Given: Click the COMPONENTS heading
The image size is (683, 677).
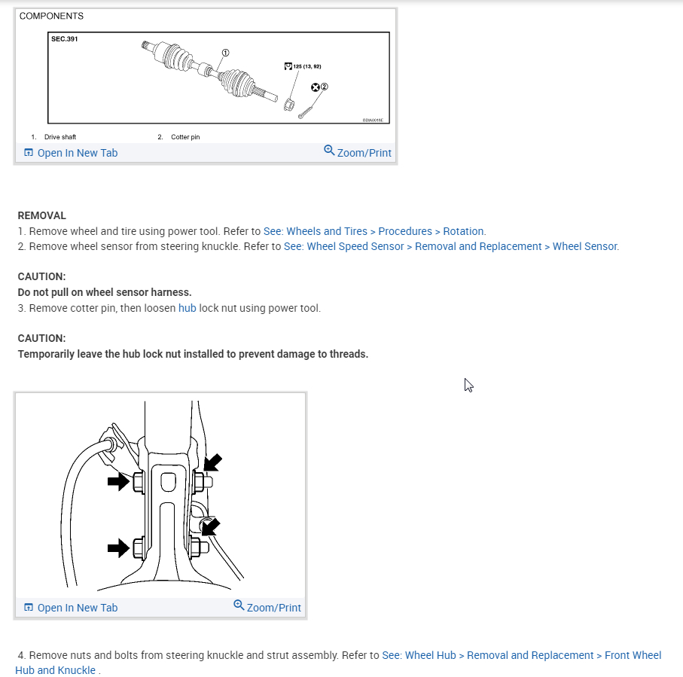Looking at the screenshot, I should pos(51,16).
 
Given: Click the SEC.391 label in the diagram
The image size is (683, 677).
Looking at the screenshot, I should pos(64,39).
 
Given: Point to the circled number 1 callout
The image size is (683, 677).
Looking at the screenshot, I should pos(224,52).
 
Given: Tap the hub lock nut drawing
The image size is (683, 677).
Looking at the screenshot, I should pos(288,103).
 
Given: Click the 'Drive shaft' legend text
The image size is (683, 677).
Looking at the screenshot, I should pos(60,137).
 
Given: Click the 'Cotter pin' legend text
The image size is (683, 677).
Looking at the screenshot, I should pos(185,137).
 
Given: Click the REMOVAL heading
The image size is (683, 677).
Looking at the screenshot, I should pos(42,215).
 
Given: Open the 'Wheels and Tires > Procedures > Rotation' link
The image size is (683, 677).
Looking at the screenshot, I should pos(374,231).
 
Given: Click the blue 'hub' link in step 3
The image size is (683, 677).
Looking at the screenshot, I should pos(188,308).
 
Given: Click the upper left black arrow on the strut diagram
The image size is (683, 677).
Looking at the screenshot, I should pos(119,481).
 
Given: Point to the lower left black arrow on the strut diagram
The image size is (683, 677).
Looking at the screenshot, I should pos(119,548).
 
